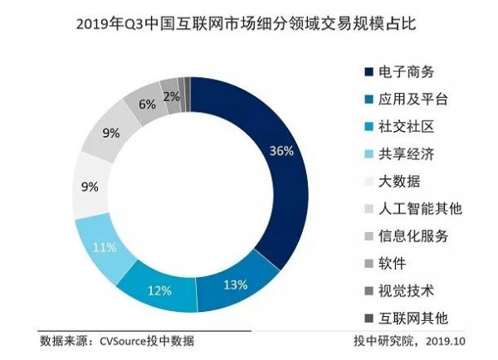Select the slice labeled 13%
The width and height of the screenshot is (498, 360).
(x=235, y=285)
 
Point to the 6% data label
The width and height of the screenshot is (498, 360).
(x=148, y=105)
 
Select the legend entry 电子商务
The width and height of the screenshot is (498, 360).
(x=412, y=72)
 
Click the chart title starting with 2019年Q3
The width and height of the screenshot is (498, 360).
(x=249, y=23)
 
